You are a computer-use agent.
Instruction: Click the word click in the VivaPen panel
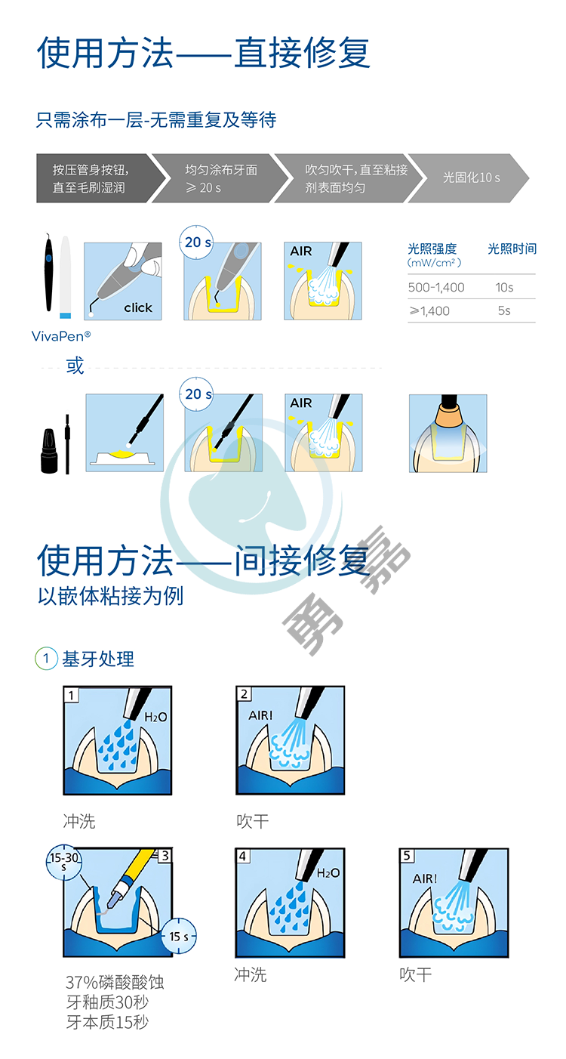tap(138, 307)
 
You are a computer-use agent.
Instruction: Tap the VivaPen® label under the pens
tap(61, 336)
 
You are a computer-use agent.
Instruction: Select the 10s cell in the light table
tap(504, 288)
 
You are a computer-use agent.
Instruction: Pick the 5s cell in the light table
tap(504, 310)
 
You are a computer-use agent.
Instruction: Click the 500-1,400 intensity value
tap(436, 288)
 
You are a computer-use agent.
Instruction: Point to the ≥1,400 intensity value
tap(429, 311)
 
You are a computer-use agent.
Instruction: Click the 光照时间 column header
tap(512, 249)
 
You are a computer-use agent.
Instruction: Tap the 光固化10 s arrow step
tap(469, 178)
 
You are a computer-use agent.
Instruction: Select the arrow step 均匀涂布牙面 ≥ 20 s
tap(220, 178)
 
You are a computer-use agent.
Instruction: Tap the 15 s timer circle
tap(179, 936)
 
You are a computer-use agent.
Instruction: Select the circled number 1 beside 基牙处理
tap(46, 659)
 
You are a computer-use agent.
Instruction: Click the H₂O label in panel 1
tap(155, 717)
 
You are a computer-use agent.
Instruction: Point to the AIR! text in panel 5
tap(425, 878)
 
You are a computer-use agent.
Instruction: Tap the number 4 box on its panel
tap(243, 856)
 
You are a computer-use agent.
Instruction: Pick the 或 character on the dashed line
tap(75, 366)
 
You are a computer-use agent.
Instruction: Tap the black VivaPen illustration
tap(48, 273)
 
